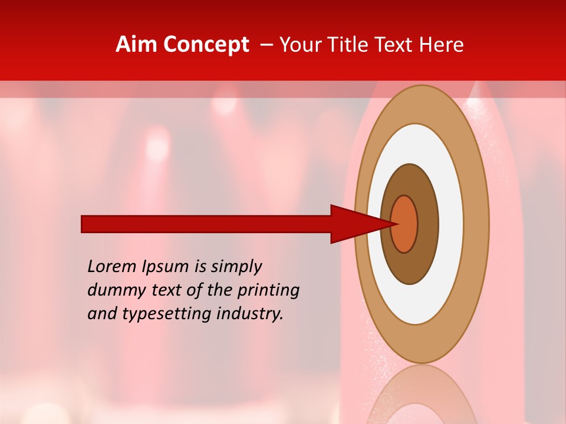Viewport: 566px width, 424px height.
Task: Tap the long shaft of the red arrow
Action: pos(206,224)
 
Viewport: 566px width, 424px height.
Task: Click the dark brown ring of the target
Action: pos(410,268)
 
